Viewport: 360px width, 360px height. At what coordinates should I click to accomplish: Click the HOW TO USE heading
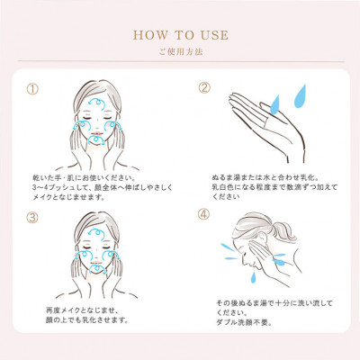coord(181,35)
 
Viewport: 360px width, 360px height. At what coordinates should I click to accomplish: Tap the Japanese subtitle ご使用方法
coord(181,52)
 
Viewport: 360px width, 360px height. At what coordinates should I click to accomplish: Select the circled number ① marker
coord(32,89)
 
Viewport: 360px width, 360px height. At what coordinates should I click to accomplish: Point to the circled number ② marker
coord(204,88)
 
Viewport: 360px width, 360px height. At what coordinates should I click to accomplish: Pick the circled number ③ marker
coord(32,218)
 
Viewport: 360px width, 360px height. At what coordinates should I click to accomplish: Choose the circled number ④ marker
coord(203,214)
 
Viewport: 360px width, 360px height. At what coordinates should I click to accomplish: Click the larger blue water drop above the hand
coord(300,96)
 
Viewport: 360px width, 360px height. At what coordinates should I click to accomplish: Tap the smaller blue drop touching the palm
coord(274,104)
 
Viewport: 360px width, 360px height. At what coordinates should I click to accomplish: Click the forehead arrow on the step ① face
coord(96,103)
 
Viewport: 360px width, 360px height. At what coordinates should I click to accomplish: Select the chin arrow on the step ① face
coord(96,139)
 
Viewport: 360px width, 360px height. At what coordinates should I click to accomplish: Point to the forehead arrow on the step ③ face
coord(96,232)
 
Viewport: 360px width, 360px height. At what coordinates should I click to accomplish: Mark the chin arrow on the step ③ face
coord(97,268)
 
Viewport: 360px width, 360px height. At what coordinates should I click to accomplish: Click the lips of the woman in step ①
coord(97,133)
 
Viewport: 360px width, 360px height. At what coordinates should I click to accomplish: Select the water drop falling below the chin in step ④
coord(254,277)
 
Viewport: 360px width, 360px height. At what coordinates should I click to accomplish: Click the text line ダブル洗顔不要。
coord(244,323)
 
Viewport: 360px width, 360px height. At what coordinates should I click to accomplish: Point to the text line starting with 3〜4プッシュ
coord(103,188)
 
